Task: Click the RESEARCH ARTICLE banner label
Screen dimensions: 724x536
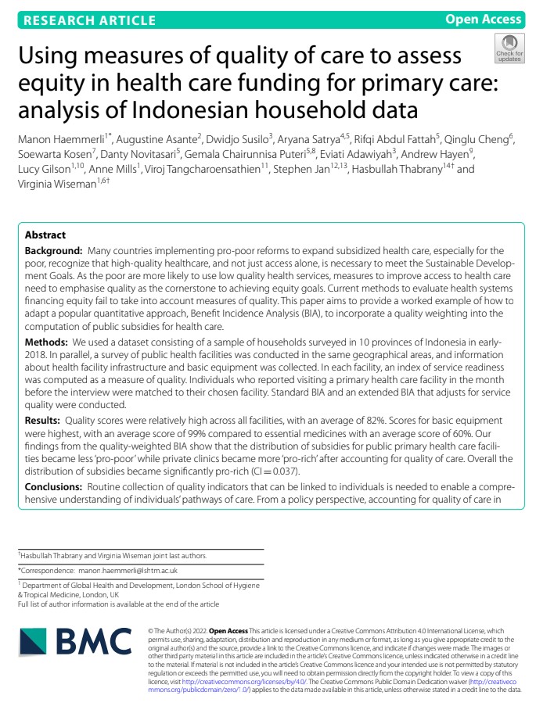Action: click(x=89, y=20)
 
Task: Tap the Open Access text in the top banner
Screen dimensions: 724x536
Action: click(x=483, y=20)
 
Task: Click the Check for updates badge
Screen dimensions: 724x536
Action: click(x=509, y=48)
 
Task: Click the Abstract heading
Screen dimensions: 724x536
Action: click(x=45, y=235)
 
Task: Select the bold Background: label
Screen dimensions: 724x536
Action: click(x=54, y=250)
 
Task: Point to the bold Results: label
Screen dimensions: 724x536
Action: click(x=45, y=420)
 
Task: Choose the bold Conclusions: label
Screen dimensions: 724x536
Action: click(x=56, y=487)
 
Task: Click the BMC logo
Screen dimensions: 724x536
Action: click(x=75, y=643)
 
